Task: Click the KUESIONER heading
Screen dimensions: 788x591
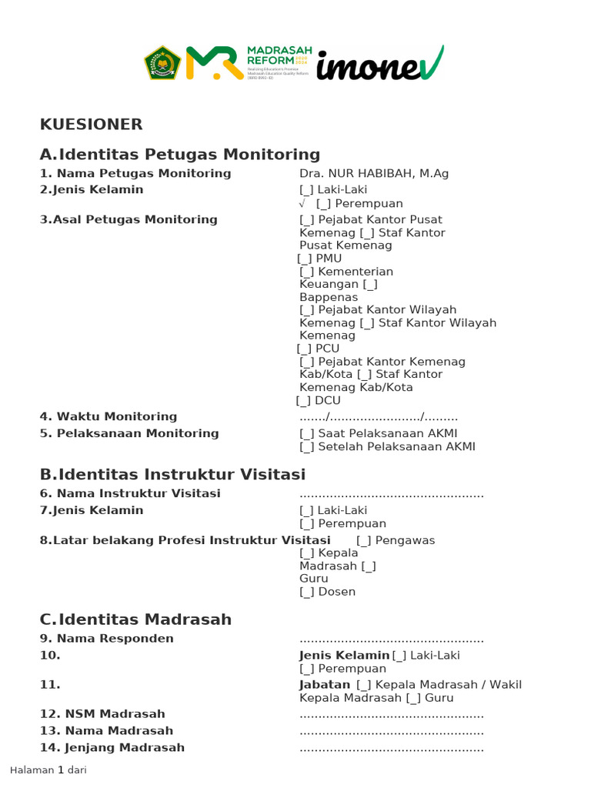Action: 91,125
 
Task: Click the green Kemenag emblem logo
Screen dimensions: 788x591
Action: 162,63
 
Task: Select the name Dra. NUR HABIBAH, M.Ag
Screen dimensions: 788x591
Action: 373,174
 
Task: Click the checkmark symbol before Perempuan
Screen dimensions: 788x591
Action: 303,204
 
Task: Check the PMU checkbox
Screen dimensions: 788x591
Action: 305,259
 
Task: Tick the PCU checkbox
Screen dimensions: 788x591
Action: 305,349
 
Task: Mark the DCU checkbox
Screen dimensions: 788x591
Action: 304,401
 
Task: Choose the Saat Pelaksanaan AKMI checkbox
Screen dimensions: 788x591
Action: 307,434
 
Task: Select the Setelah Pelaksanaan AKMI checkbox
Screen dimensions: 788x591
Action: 307,447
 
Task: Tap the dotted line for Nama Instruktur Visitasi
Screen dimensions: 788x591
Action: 391,494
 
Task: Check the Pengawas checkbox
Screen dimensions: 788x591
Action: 364,541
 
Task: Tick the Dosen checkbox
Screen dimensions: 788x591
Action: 307,593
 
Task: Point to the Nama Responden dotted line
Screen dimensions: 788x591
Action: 391,639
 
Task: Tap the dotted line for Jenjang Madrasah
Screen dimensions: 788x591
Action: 391,748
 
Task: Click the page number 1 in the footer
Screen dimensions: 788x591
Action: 61,770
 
